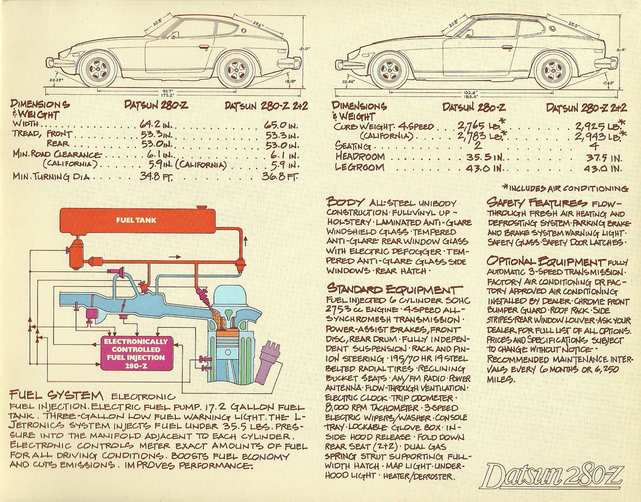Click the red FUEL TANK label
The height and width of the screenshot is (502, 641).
coord(136,220)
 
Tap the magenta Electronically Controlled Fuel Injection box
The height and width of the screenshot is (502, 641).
coord(136,353)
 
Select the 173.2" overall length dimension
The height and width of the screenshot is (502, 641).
coord(169,95)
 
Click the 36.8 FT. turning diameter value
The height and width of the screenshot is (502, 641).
coord(280,176)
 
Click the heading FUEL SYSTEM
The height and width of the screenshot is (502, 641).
coord(56,395)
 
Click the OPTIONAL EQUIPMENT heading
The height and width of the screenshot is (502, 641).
coord(545,261)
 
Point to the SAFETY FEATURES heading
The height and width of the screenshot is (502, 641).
coord(537,202)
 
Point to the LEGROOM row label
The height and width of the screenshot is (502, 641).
coord(360,167)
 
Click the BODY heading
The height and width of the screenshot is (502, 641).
coord(345,202)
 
